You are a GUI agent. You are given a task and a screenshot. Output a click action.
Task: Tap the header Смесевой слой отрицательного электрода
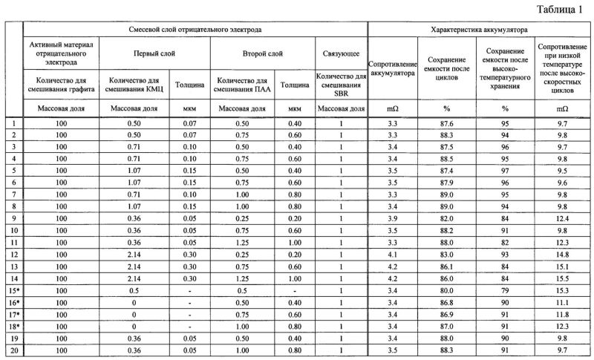195,32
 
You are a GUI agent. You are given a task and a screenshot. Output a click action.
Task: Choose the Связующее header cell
341,53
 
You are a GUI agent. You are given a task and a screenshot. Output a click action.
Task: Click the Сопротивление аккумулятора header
390,71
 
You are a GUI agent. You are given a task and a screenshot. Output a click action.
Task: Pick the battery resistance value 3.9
393,217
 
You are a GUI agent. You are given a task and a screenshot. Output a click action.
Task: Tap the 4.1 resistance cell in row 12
393,255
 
